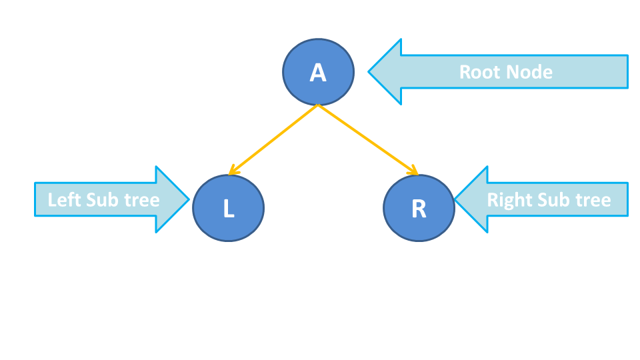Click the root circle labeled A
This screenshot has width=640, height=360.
(x=319, y=72)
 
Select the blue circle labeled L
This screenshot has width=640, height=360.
(x=228, y=208)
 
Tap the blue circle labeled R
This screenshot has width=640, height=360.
(x=419, y=208)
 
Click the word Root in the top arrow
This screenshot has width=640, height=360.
(x=479, y=71)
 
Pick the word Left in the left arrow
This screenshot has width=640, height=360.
(x=64, y=199)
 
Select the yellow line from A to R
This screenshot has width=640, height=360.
(x=367, y=139)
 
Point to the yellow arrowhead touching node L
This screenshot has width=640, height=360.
(x=232, y=171)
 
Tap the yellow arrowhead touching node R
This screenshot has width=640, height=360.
(x=413, y=171)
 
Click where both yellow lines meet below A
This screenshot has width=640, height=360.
(x=319, y=105)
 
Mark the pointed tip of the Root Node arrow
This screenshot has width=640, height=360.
(x=370, y=71)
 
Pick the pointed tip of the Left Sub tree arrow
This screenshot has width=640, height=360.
(x=189, y=199)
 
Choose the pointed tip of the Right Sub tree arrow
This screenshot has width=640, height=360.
(x=456, y=199)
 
